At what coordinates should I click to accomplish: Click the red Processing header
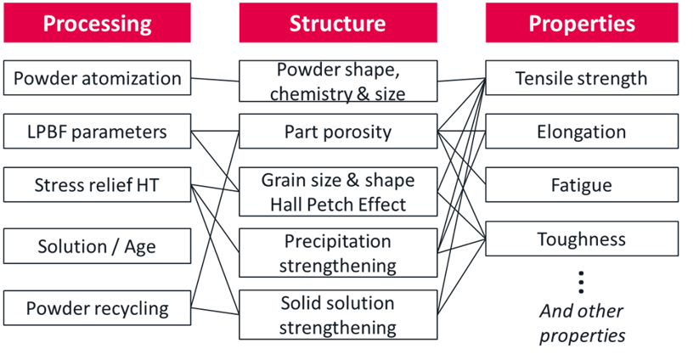pos(96,22)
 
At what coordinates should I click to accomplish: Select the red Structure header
pos(338,22)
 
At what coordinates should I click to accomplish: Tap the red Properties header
pos(582,22)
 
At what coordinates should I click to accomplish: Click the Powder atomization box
pos(97,78)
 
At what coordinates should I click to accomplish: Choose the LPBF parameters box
pos(97,132)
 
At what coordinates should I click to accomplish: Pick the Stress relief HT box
pos(97,185)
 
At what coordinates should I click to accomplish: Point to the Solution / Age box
pos(97,247)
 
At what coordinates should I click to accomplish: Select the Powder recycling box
pos(97,307)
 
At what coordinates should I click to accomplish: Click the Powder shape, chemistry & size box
pos(338,82)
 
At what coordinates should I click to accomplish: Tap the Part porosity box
pos(338,132)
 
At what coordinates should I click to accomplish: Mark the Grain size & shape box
pos(338,192)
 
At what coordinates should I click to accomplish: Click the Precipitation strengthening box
pos(338,252)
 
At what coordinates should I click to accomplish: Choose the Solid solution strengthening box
pos(338,314)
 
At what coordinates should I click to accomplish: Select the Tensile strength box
pos(582,79)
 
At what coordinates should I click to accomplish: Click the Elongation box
pos(582,132)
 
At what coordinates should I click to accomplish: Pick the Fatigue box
pos(582,185)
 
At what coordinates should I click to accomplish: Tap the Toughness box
pos(582,239)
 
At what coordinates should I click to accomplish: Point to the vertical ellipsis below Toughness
pos(582,281)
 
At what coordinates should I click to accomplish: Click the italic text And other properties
pos(582,323)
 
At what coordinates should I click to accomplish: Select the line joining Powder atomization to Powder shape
pos(215,80)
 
